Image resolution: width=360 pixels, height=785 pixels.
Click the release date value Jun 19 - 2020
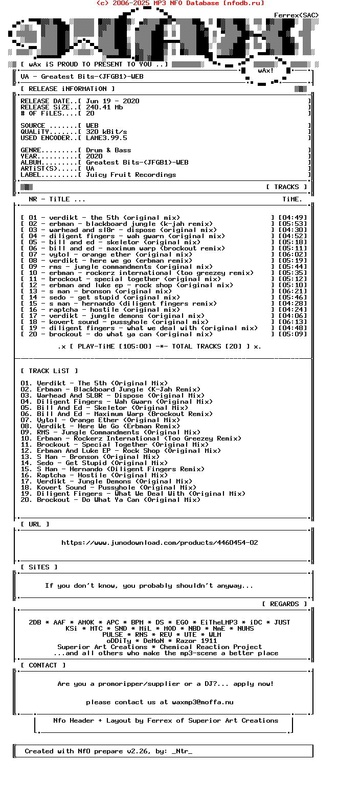pyautogui.click(x=112, y=101)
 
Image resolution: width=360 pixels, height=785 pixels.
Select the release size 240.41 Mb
pyautogui.click(x=104, y=107)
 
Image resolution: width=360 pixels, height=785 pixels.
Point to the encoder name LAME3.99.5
pyautogui.click(x=106, y=138)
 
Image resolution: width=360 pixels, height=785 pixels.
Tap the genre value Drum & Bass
pyautogui.click(x=108, y=150)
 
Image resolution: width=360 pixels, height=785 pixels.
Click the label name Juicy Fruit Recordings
pyautogui.click(x=131, y=175)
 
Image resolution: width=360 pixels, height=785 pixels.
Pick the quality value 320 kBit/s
pyautogui.click(x=106, y=132)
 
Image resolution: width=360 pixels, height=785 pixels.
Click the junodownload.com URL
pyautogui.click(x=160, y=543)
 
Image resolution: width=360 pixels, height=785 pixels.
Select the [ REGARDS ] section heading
pyautogui.click(x=284, y=604)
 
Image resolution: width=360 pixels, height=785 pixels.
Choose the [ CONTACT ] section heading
pyautogui.click(x=43, y=665)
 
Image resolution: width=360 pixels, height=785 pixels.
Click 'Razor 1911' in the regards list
pyautogui.click(x=196, y=641)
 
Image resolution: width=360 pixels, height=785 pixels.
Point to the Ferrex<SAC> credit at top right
pyautogui.click(x=297, y=15)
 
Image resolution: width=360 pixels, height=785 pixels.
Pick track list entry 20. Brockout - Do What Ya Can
pyautogui.click(x=110, y=500)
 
